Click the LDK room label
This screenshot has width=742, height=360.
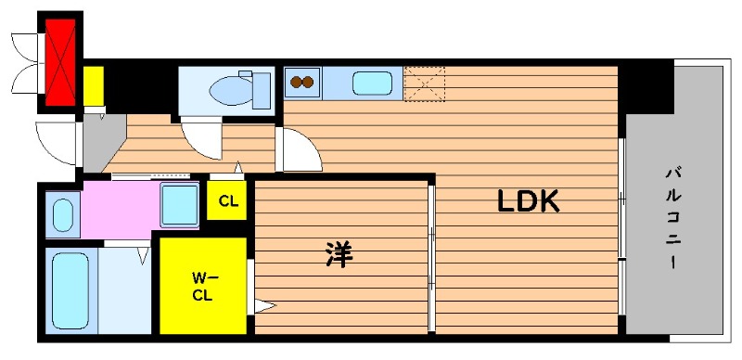(528, 201)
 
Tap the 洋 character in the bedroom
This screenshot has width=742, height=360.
(339, 254)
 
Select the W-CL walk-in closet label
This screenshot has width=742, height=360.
(202, 286)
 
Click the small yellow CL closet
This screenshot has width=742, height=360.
(227, 200)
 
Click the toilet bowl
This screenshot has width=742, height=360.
(230, 90)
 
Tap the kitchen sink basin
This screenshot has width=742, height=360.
(372, 83)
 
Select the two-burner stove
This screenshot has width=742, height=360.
(302, 82)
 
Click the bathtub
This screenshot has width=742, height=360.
(70, 290)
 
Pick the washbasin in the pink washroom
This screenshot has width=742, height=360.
(62, 214)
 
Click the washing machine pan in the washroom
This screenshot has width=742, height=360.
(179, 205)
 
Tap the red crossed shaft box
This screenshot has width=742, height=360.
(60, 62)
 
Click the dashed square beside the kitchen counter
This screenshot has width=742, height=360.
(425, 84)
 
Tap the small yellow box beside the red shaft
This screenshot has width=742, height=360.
(94, 86)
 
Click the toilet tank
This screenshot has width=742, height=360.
(262, 91)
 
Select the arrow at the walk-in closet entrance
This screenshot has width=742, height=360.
(264, 306)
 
